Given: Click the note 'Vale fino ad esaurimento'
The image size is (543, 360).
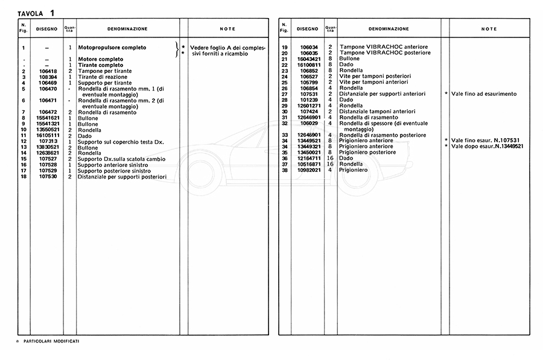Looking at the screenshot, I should pos(483,94).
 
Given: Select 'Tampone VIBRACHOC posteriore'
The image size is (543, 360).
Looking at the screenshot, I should pos(385,53).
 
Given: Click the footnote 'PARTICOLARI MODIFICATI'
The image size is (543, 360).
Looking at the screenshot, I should pos(51,341).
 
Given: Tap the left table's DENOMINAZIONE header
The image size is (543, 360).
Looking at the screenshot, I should pos(127,29).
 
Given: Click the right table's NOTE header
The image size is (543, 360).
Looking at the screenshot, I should pos(489,29).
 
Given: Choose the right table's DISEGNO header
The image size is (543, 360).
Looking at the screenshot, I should pos(308,29).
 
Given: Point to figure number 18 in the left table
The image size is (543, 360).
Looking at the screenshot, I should pos(24,177).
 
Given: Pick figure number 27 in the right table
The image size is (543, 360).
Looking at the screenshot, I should pos(285,94).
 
